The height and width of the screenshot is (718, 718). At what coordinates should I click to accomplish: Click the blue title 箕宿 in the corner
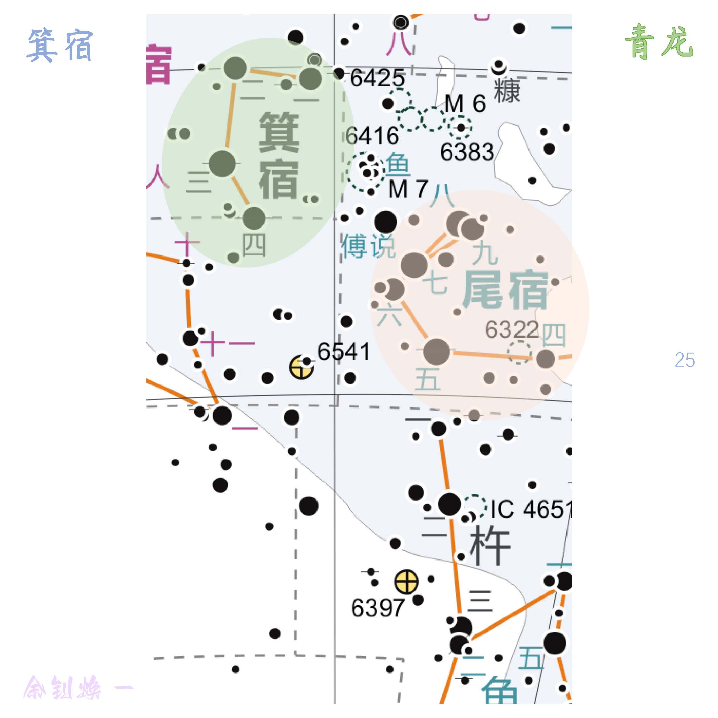[x=60, y=45]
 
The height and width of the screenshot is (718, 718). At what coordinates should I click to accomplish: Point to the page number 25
[x=685, y=360]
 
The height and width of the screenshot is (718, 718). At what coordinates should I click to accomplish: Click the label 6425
[x=377, y=78]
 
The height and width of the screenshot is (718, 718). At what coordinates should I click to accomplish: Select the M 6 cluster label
[x=465, y=103]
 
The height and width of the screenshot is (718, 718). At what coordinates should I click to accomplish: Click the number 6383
[x=467, y=152]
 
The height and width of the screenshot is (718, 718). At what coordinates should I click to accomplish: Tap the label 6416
[x=372, y=136]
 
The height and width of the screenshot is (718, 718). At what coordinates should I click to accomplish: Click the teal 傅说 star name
[x=368, y=246]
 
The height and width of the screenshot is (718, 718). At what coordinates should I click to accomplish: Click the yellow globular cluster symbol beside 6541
[x=301, y=368]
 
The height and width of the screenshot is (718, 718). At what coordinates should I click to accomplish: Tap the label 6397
[x=378, y=608]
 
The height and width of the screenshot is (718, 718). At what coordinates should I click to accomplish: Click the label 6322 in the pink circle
[x=512, y=329]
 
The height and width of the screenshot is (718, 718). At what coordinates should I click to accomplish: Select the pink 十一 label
[x=227, y=343]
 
